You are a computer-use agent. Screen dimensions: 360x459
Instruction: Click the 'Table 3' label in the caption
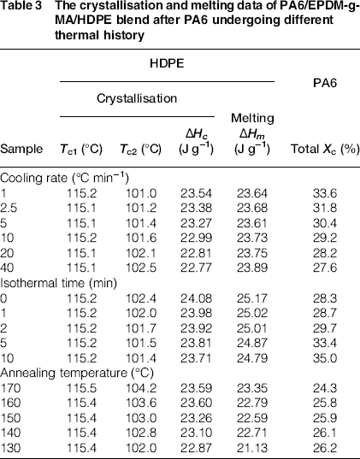(x=21, y=5)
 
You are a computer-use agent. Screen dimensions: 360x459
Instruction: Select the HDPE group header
(x=167, y=63)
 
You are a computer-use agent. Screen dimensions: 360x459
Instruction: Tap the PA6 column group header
(x=325, y=83)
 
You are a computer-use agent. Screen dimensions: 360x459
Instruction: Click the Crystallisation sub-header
(x=137, y=98)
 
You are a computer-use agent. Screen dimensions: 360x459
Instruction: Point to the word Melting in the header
(x=252, y=118)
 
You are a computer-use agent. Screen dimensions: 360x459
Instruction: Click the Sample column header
(x=21, y=149)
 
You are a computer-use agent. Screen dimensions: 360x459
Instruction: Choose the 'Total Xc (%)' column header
(x=325, y=149)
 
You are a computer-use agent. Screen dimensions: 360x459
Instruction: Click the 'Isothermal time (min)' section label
(x=59, y=283)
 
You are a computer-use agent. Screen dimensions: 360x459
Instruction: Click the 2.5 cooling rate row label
(x=9, y=208)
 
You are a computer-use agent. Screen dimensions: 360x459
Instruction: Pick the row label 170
(x=10, y=388)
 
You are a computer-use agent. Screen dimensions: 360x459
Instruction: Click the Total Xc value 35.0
(x=325, y=358)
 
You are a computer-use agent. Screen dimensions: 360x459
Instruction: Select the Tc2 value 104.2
(x=141, y=388)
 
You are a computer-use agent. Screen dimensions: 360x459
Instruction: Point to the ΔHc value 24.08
(x=196, y=298)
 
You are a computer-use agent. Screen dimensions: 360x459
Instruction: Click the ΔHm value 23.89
(x=252, y=268)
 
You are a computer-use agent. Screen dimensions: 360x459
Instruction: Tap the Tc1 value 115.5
(x=82, y=388)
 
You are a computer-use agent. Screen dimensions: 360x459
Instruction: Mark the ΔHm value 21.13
(x=252, y=448)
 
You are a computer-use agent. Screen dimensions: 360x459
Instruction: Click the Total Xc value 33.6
(x=325, y=193)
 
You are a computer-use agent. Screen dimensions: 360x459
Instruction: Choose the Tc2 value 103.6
(x=141, y=403)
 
